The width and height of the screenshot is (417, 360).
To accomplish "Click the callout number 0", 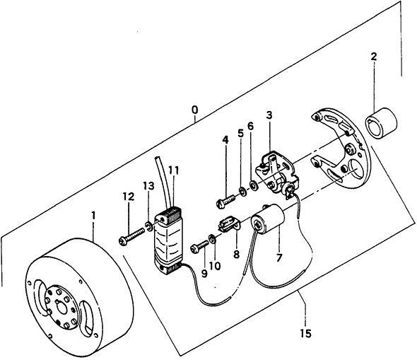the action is [194, 110].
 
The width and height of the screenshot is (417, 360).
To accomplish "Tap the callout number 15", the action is [306, 333].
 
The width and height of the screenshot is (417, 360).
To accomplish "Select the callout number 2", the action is [374, 57].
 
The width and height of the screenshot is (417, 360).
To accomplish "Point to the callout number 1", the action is [93, 216].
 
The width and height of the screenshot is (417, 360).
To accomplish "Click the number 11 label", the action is [173, 170].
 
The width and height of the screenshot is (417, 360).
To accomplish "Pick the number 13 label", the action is [149, 186].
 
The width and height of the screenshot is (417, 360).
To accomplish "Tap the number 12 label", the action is [129, 197].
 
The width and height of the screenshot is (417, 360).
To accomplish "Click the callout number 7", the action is [278, 257].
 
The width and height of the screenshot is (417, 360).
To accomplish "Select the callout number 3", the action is [269, 115].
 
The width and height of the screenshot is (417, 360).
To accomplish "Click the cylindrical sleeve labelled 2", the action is [381, 124].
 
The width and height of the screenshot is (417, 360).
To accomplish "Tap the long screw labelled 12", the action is [131, 236].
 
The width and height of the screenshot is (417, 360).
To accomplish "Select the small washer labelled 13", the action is [149, 226].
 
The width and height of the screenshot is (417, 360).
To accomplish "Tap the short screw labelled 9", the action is [199, 246].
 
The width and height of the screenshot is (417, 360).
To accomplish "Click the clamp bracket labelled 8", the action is [229, 224].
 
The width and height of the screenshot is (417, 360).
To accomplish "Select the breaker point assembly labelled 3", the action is [276, 173].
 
